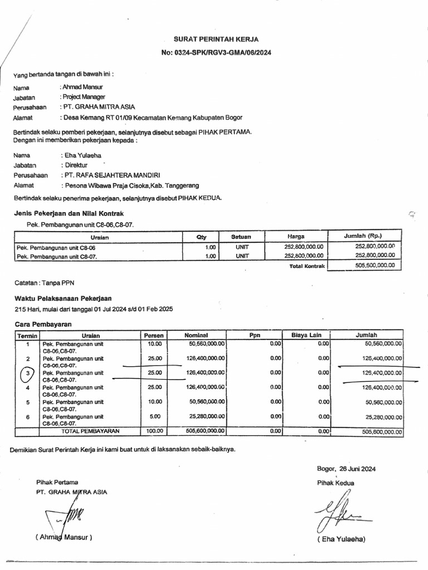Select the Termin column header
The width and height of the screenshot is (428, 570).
(27, 336)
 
